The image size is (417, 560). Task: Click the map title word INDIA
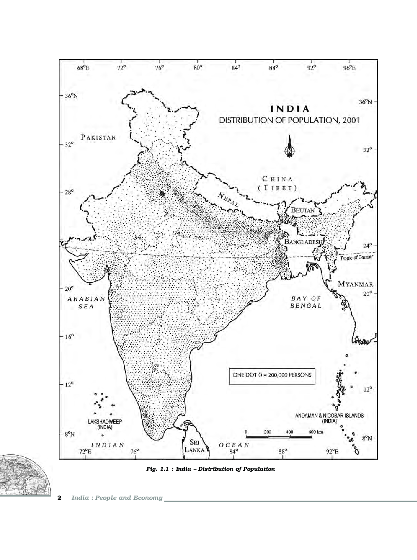(289, 109)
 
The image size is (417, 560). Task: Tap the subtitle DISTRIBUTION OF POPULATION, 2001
(289, 120)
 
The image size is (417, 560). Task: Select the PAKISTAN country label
(99, 137)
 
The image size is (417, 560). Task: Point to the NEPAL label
(229, 199)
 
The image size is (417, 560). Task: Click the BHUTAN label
(303, 210)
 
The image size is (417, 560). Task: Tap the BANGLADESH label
(303, 242)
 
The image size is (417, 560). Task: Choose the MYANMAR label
(355, 284)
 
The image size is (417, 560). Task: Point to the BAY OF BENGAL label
(306, 302)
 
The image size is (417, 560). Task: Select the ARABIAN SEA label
(86, 303)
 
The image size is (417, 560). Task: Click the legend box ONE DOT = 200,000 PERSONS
(272, 375)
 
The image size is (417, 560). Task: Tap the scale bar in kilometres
(279, 436)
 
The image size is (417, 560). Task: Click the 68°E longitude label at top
(83, 68)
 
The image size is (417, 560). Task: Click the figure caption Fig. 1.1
(211, 469)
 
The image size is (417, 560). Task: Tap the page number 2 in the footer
(60, 498)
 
